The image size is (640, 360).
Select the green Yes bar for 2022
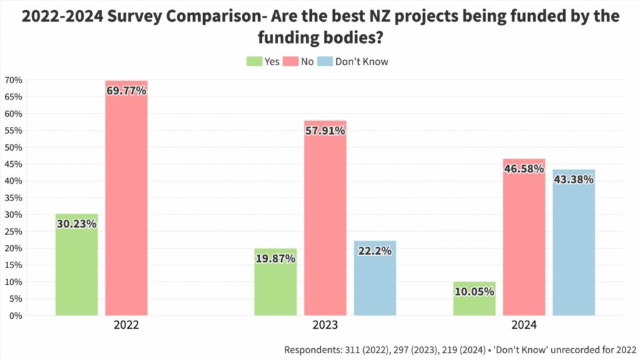[x=76, y=269]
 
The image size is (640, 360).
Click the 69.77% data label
[x=126, y=91]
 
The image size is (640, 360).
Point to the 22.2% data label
[x=375, y=251]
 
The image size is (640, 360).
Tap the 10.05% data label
[x=474, y=291]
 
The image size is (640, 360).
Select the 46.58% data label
[x=524, y=169]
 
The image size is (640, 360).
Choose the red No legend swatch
[x=291, y=61]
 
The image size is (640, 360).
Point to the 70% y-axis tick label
[x=13, y=80]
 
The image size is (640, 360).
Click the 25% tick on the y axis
[x=13, y=231]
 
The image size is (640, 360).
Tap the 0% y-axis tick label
[x=15, y=316]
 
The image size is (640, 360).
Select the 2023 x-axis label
[x=325, y=326]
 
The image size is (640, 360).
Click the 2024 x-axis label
[x=524, y=326]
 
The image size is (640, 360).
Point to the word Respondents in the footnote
[x=313, y=349]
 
